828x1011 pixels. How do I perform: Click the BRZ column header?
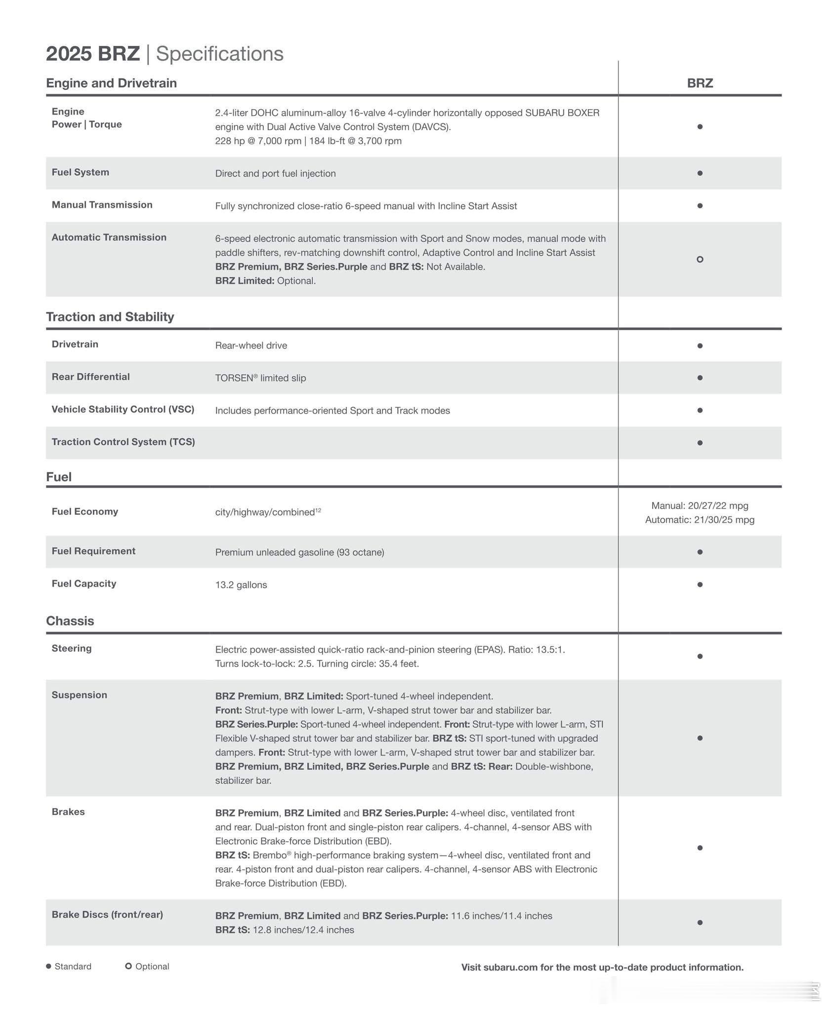click(700, 83)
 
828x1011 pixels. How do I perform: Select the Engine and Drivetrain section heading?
click(111, 83)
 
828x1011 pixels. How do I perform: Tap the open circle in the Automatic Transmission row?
click(700, 259)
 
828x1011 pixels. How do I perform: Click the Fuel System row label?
click(80, 172)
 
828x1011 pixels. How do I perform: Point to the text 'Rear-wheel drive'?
click(251, 346)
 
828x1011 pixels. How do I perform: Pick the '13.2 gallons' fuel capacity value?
click(241, 585)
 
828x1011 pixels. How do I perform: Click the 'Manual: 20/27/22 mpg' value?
click(700, 505)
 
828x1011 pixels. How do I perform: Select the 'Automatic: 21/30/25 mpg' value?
click(700, 520)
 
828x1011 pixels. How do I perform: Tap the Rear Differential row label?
click(90, 377)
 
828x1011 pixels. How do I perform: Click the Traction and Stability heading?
click(110, 317)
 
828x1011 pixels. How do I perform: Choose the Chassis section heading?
click(70, 621)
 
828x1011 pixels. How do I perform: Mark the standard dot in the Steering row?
click(700, 656)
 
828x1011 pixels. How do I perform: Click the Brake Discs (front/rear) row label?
click(107, 915)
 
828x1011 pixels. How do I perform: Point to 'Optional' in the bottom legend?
click(152, 967)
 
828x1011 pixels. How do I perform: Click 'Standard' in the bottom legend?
click(73, 967)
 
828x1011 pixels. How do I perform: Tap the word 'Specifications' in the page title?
click(219, 54)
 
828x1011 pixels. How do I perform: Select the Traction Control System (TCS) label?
click(123, 442)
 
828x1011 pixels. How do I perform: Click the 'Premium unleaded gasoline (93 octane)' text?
click(299, 552)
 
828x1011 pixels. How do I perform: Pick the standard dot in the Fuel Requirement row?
click(700, 552)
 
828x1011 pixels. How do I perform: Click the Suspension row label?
click(79, 695)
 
